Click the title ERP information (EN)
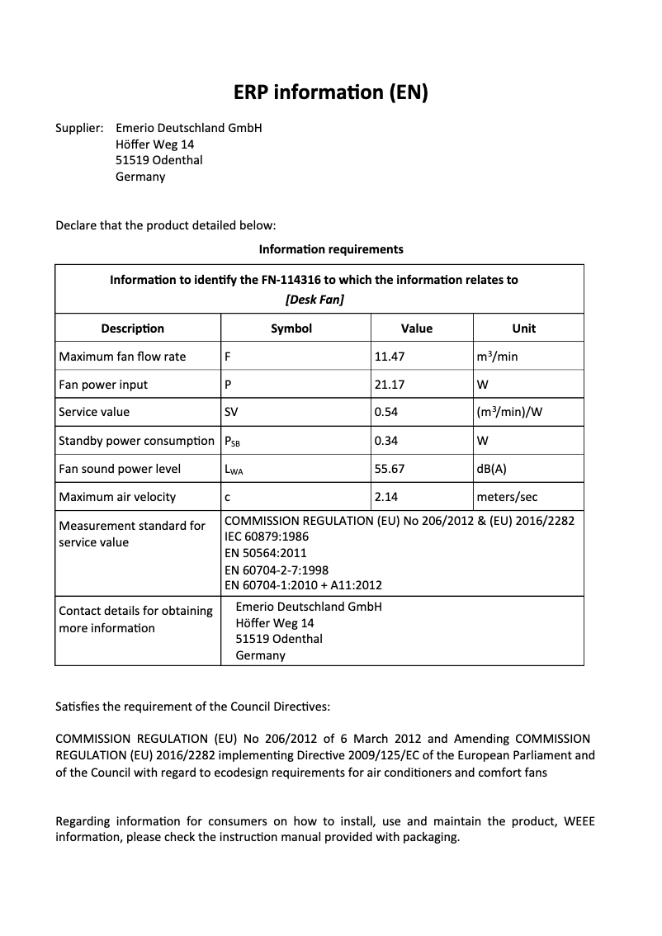point(330,92)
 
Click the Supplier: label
point(79,128)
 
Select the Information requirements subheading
point(331,248)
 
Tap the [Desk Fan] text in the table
point(314,300)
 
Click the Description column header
point(132,329)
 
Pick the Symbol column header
point(291,329)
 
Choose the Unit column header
point(523,329)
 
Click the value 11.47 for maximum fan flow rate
point(390,357)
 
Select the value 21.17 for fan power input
point(390,385)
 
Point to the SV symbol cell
point(232,412)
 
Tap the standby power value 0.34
point(386,441)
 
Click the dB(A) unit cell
point(492,469)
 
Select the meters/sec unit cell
point(507,497)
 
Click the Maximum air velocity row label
point(117,497)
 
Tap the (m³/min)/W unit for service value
point(509,412)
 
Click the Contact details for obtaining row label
point(135,611)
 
